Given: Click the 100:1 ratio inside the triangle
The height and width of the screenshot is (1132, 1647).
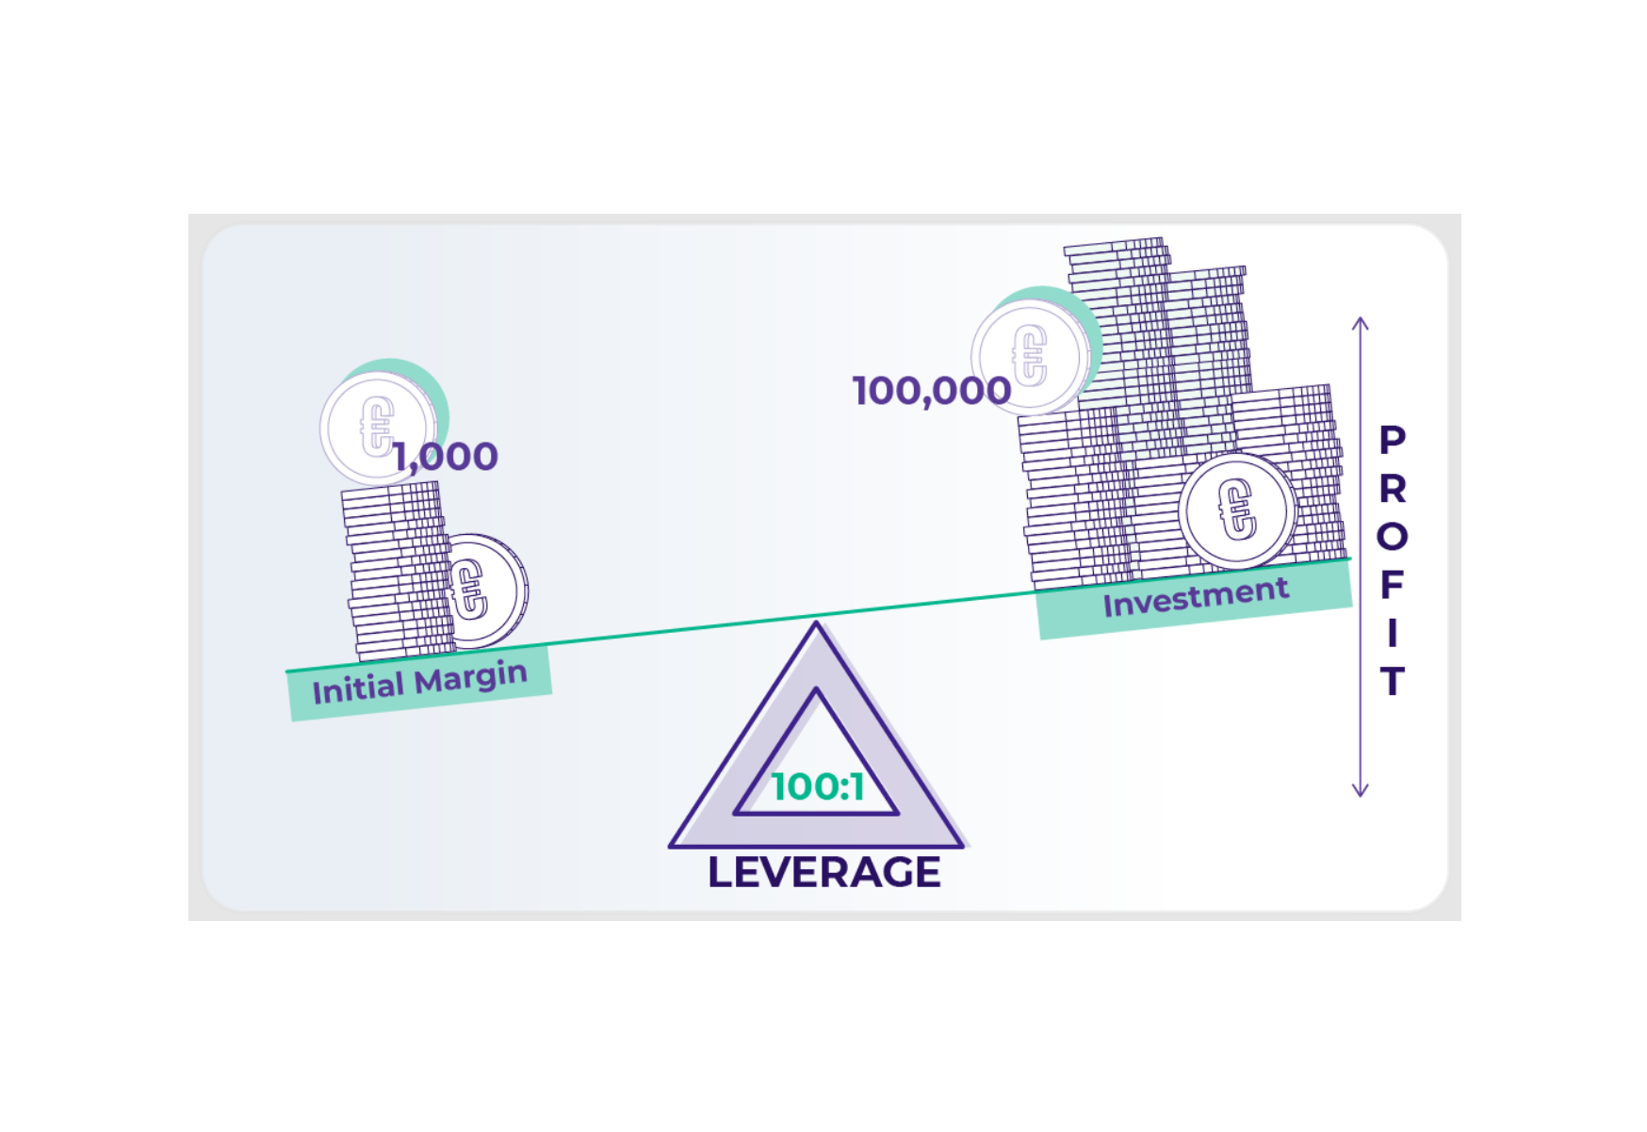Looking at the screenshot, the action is click(x=818, y=787).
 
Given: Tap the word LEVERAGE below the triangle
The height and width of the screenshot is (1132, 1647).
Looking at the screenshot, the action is click(x=823, y=872).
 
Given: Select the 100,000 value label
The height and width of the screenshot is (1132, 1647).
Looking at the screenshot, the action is click(x=931, y=391).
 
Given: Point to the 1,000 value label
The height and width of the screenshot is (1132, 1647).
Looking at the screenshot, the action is click(x=446, y=457).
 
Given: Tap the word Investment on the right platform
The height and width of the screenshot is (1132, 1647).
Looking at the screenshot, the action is click(x=1195, y=597).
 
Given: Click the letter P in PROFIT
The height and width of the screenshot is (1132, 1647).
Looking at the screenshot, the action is click(x=1392, y=440).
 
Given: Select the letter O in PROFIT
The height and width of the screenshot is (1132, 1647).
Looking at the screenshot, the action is click(x=1392, y=537).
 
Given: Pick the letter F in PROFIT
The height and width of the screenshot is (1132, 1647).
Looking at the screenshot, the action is click(x=1392, y=585).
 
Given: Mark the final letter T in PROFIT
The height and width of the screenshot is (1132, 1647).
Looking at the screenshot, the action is click(x=1392, y=681).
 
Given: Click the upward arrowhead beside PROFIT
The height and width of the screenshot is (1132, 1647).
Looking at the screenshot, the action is click(x=1360, y=323).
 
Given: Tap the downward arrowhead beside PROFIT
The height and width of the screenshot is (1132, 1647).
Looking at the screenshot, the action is click(x=1360, y=791).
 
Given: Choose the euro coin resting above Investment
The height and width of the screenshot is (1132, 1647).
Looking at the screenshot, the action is click(x=1236, y=510).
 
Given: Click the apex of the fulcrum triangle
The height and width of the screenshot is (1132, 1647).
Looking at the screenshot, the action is click(x=816, y=625).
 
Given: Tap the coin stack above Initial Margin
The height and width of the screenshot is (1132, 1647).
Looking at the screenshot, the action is click(x=396, y=570).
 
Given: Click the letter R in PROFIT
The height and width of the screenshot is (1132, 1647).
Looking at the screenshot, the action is click(x=1392, y=489).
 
